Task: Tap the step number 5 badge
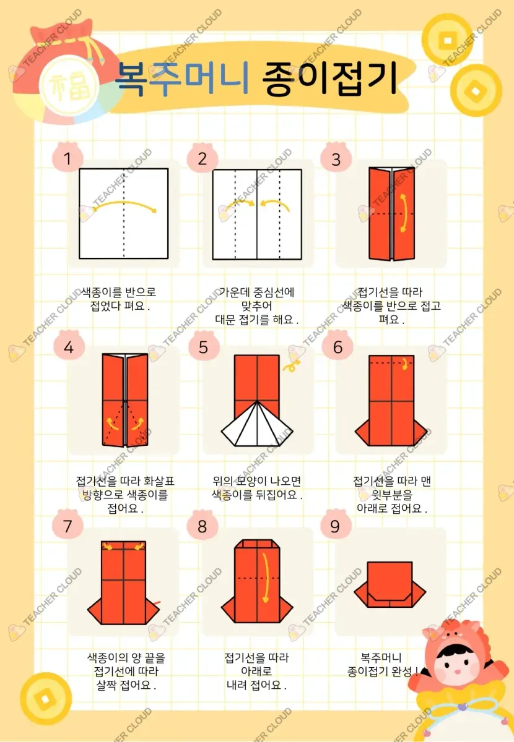point(203,346)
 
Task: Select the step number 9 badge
point(336,526)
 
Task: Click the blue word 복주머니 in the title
point(182,79)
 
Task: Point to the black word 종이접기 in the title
point(329,79)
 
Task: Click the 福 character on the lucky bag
point(69,86)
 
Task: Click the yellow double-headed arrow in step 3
point(404,213)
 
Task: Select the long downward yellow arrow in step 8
point(266,578)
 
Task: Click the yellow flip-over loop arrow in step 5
point(292,366)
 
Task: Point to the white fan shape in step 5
point(257,424)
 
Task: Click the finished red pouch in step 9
point(390,585)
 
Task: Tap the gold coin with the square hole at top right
point(447,40)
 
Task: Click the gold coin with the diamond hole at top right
point(476,90)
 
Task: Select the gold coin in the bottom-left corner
point(46,698)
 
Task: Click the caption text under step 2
point(256,305)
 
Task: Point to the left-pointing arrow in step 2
point(275,205)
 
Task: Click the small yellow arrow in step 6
point(405,364)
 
